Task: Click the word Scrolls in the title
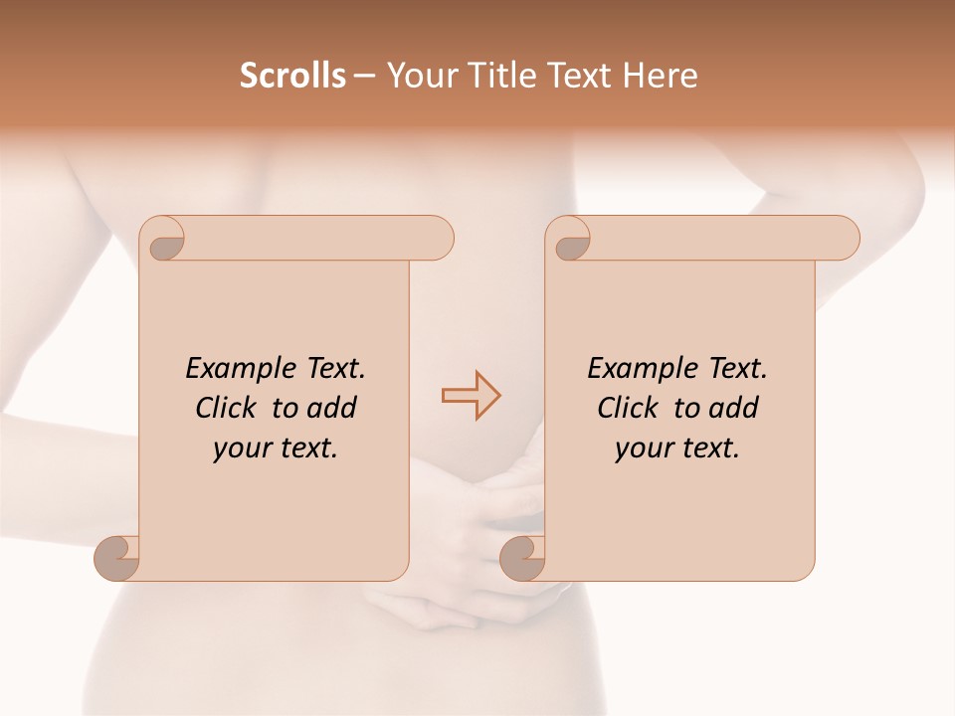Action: [292, 76]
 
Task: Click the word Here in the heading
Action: [661, 76]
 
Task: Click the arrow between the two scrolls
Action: [471, 396]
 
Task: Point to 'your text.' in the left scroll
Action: [276, 447]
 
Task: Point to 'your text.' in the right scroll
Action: [677, 447]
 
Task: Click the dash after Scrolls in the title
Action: [364, 76]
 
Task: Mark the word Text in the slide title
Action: [582, 76]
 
